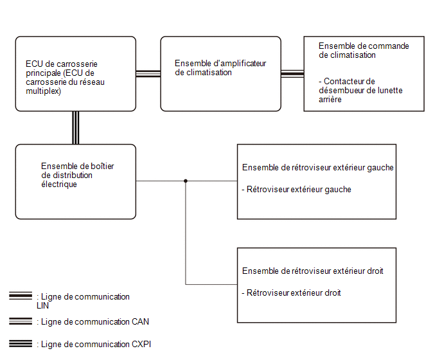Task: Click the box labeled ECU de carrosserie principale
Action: click(x=76, y=74)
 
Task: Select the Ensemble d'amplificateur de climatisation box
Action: click(x=221, y=74)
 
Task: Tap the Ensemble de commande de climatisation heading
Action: click(x=364, y=51)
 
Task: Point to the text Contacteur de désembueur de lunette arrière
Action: click(x=360, y=90)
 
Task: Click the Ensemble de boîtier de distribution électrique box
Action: click(x=76, y=182)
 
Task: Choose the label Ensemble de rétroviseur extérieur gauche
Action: click(x=317, y=168)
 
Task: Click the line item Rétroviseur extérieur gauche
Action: click(x=297, y=189)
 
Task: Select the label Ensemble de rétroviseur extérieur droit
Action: click(x=313, y=271)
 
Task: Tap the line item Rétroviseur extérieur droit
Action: click(x=292, y=293)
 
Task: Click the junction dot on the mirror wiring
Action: click(x=186, y=181)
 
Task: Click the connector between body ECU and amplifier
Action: click(x=148, y=74)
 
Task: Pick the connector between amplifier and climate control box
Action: click(x=292, y=74)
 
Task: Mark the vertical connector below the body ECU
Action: click(x=76, y=128)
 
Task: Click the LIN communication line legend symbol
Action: click(x=21, y=296)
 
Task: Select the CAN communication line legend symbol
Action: click(x=21, y=321)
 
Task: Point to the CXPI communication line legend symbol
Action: click(x=21, y=344)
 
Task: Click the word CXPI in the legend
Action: click(x=141, y=344)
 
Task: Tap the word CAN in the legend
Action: click(x=140, y=321)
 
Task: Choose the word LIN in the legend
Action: click(x=42, y=305)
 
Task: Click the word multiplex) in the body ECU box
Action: click(x=43, y=91)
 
